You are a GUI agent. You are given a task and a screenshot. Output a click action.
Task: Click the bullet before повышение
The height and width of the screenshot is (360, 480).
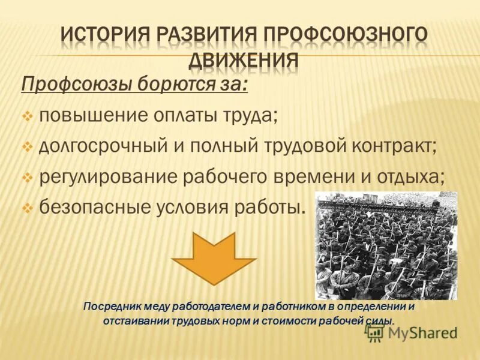(28, 115)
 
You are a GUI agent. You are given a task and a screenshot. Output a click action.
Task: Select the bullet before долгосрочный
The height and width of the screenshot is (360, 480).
(28, 146)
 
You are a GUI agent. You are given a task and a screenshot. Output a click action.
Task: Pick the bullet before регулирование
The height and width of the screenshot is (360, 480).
(28, 178)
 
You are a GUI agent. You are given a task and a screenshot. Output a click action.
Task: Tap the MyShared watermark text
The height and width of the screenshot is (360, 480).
(420, 333)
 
